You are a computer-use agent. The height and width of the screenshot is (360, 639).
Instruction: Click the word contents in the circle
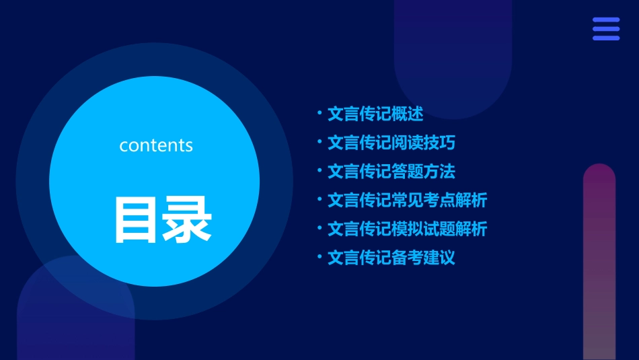(156, 145)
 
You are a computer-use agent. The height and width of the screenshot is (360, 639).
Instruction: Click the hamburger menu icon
(606, 29)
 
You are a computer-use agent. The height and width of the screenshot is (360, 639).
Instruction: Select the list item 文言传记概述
(375, 114)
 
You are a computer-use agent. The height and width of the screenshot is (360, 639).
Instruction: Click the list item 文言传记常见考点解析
(407, 200)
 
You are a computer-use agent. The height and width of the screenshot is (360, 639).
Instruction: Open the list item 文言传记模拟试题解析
(407, 229)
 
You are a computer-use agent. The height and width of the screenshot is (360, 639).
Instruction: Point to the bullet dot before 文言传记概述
(319, 114)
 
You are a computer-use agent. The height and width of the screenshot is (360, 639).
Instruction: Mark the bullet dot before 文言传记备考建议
(319, 257)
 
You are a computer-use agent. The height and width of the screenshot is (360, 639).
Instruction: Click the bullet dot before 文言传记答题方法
(319, 171)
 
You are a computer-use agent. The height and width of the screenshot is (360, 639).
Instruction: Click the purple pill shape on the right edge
(599, 262)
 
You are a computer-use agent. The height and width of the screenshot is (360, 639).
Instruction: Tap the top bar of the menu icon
(606, 20)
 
